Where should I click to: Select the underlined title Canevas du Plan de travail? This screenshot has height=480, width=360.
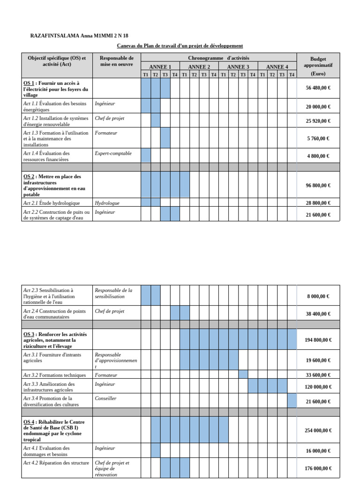click(x=180, y=45)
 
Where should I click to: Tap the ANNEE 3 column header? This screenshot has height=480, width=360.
click(x=238, y=67)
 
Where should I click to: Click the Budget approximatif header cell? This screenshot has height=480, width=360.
click(x=318, y=66)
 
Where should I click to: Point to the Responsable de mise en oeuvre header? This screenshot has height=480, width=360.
click(x=117, y=61)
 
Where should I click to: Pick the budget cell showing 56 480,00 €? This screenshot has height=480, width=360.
click(x=318, y=88)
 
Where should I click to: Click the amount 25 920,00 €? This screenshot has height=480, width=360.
click(x=318, y=121)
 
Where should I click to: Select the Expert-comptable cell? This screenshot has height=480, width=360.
click(x=113, y=153)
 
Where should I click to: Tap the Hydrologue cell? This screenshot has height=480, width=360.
click(x=107, y=203)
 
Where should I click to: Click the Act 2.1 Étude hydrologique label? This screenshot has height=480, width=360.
click(x=52, y=203)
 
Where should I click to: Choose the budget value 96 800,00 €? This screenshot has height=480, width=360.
click(x=318, y=186)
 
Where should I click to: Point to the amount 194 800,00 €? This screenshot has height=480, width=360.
click(x=318, y=340)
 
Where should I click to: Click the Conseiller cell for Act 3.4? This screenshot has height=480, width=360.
click(x=105, y=398)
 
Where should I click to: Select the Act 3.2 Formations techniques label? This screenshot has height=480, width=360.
click(x=55, y=375)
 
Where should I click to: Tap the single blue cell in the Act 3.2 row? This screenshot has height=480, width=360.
click(x=243, y=375)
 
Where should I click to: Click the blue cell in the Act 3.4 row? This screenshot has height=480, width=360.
click(x=292, y=401)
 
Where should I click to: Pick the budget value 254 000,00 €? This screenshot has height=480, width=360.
click(x=318, y=430)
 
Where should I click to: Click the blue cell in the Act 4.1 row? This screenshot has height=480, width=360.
click(x=156, y=450)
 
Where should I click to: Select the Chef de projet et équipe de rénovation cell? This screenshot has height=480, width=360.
click(x=112, y=468)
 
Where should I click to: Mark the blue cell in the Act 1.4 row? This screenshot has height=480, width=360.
click(x=146, y=156)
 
